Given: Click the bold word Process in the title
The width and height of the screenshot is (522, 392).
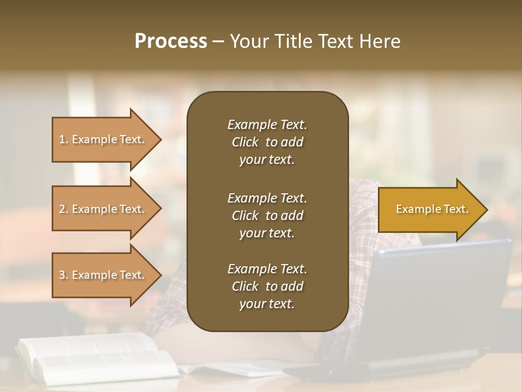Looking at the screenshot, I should [171, 41].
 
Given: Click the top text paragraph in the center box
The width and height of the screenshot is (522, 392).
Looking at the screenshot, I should [267, 142].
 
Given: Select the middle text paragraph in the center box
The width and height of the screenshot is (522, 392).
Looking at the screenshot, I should [267, 215].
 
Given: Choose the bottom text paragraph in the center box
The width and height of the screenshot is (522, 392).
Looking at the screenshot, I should [267, 286].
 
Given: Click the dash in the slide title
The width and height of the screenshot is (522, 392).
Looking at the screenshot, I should [218, 42].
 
